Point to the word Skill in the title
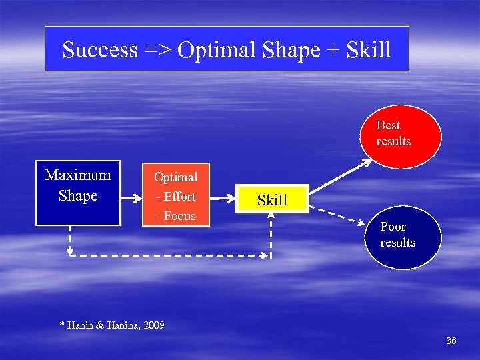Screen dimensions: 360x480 [x=369, y=50]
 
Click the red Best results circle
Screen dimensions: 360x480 [x=401, y=133]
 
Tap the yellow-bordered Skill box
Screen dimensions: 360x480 [x=272, y=199]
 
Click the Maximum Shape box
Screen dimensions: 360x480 [x=78, y=193]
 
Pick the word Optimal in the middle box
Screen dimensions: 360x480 [x=176, y=177]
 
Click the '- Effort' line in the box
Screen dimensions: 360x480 [x=176, y=197]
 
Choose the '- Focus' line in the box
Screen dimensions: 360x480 [x=176, y=216]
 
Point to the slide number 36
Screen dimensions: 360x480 [x=451, y=341]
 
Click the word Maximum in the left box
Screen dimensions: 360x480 [x=78, y=175]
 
